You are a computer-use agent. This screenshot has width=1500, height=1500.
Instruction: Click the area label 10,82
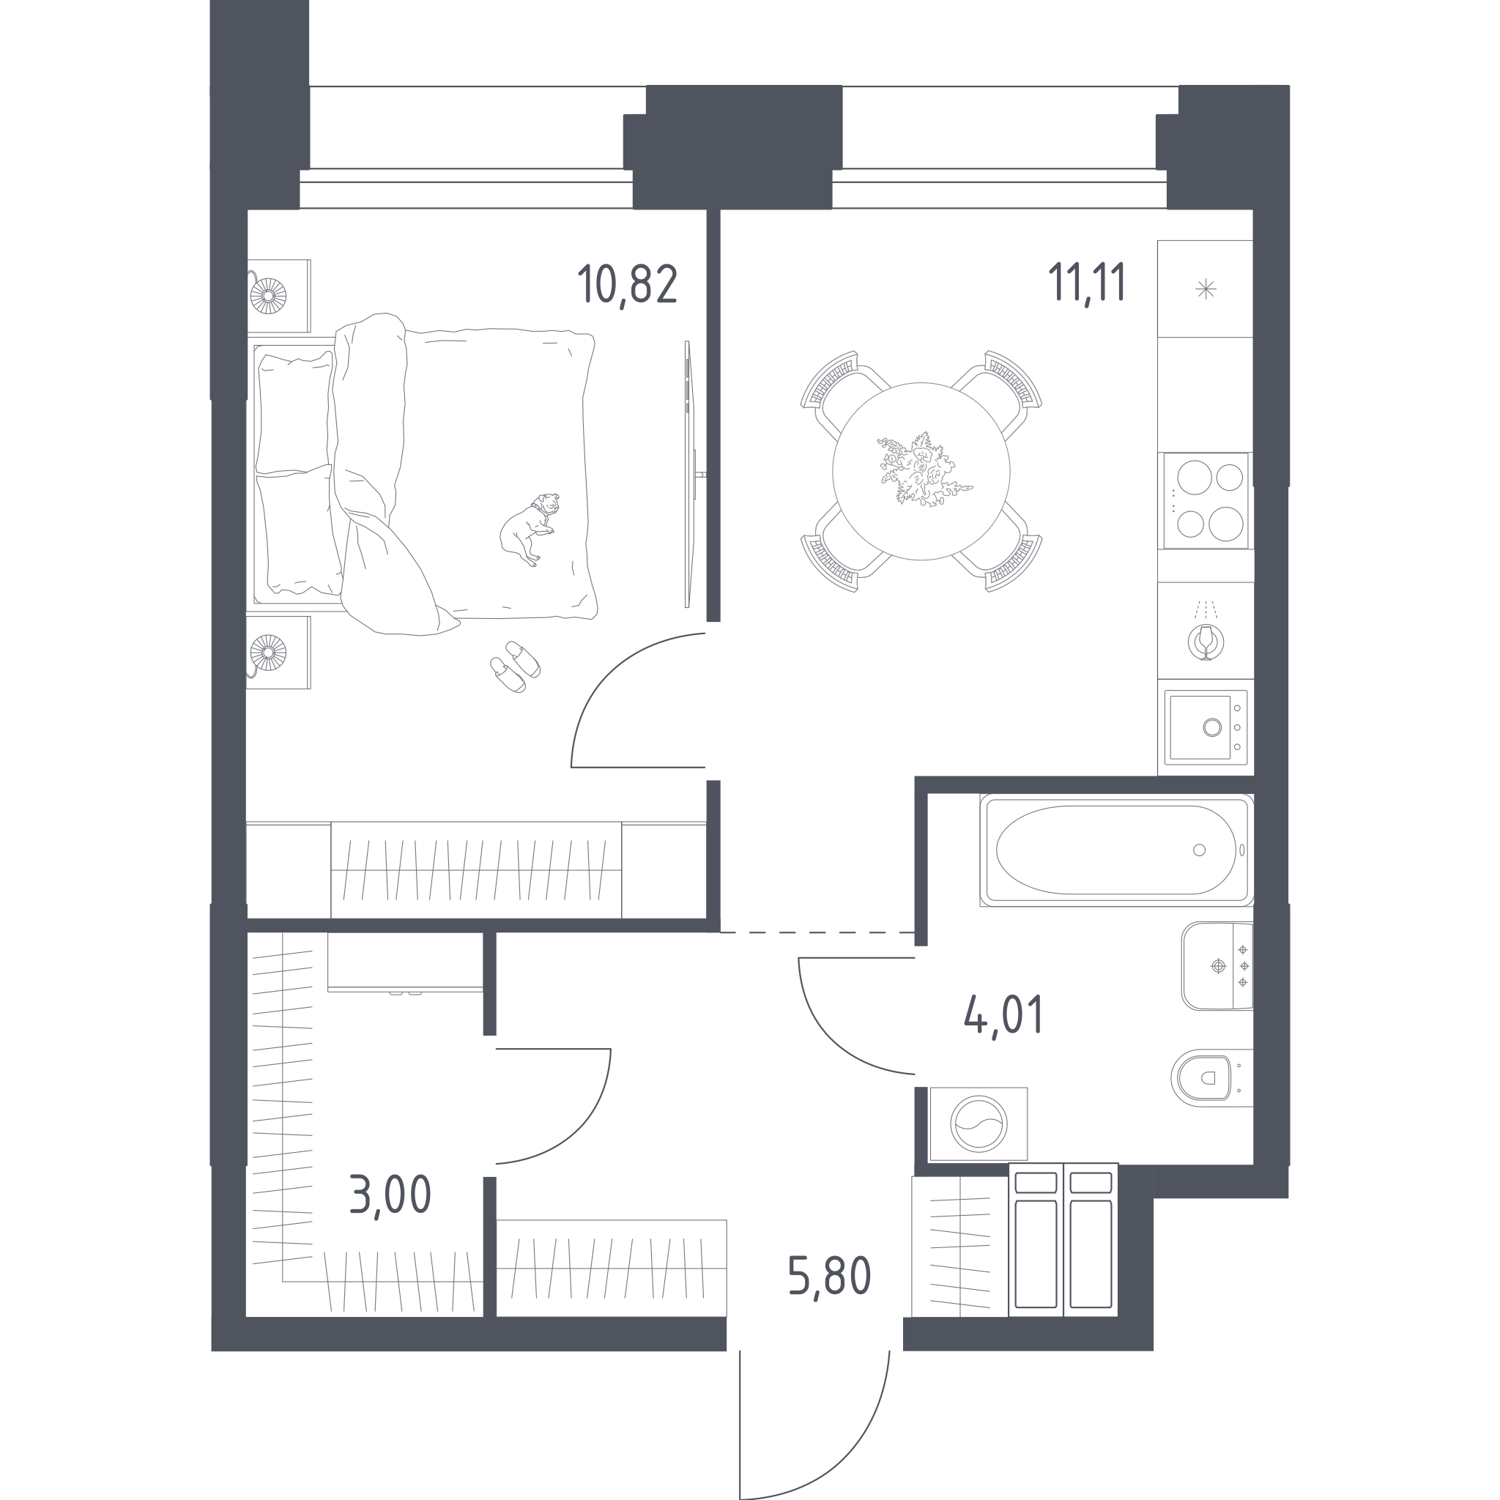[628, 285]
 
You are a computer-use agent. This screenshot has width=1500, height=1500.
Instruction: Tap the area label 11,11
[1087, 283]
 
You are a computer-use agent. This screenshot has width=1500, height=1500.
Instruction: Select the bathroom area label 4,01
[1004, 1014]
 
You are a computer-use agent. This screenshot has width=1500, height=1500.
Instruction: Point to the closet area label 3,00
[390, 1194]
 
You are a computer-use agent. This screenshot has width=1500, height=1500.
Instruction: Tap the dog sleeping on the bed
[529, 528]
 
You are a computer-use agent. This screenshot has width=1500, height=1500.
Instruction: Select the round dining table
[921, 471]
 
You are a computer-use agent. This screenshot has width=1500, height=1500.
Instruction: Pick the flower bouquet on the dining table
[923, 470]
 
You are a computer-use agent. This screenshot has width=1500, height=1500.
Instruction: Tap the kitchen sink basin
[1200, 727]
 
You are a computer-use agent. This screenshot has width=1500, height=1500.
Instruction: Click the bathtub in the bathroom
[1116, 850]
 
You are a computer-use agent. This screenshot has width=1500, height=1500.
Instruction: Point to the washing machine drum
[980, 1124]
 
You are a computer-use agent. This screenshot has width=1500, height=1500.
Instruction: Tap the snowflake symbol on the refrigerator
[1206, 289]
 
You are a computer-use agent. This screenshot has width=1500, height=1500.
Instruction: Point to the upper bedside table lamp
[268, 296]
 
